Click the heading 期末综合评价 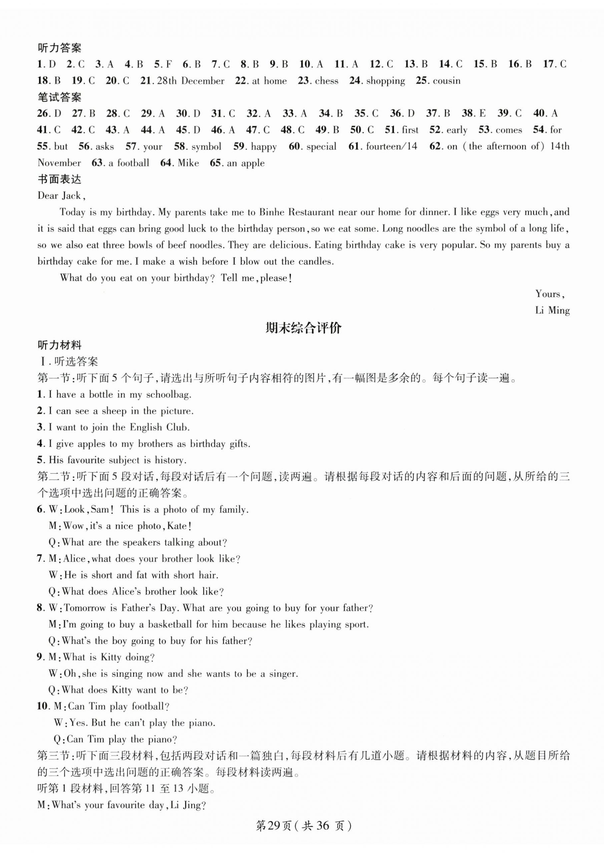(x=303, y=328)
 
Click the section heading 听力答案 (x=59, y=48)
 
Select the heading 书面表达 (x=59, y=179)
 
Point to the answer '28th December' (x=191, y=81)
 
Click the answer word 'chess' (x=327, y=81)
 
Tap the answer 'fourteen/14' (x=392, y=146)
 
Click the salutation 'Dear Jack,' (x=62, y=196)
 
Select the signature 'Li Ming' (x=552, y=311)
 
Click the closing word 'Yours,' (x=550, y=294)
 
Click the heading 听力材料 (x=59, y=345)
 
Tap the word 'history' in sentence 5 (x=170, y=460)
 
